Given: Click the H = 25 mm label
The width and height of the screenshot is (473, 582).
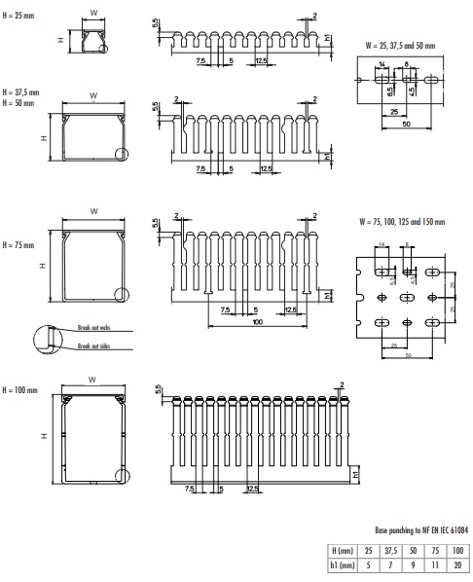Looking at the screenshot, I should click(20, 17).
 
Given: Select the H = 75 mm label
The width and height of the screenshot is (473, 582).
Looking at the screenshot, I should click(20, 244).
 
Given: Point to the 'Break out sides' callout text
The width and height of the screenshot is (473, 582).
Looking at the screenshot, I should click(91, 346).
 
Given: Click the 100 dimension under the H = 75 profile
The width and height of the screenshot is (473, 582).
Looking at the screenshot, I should click(255, 322).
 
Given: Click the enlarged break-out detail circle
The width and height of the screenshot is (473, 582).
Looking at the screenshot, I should click(45, 338).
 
